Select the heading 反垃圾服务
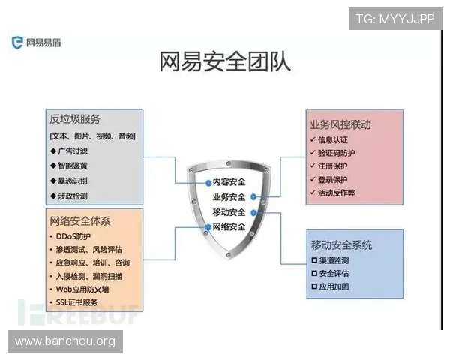(x=75, y=120)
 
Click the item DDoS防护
(x=75, y=236)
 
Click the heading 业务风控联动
(x=340, y=124)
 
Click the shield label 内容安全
(x=229, y=181)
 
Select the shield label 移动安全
(x=229, y=212)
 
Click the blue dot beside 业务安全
(x=254, y=196)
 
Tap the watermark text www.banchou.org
(x=65, y=341)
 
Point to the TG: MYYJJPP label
(x=395, y=18)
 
